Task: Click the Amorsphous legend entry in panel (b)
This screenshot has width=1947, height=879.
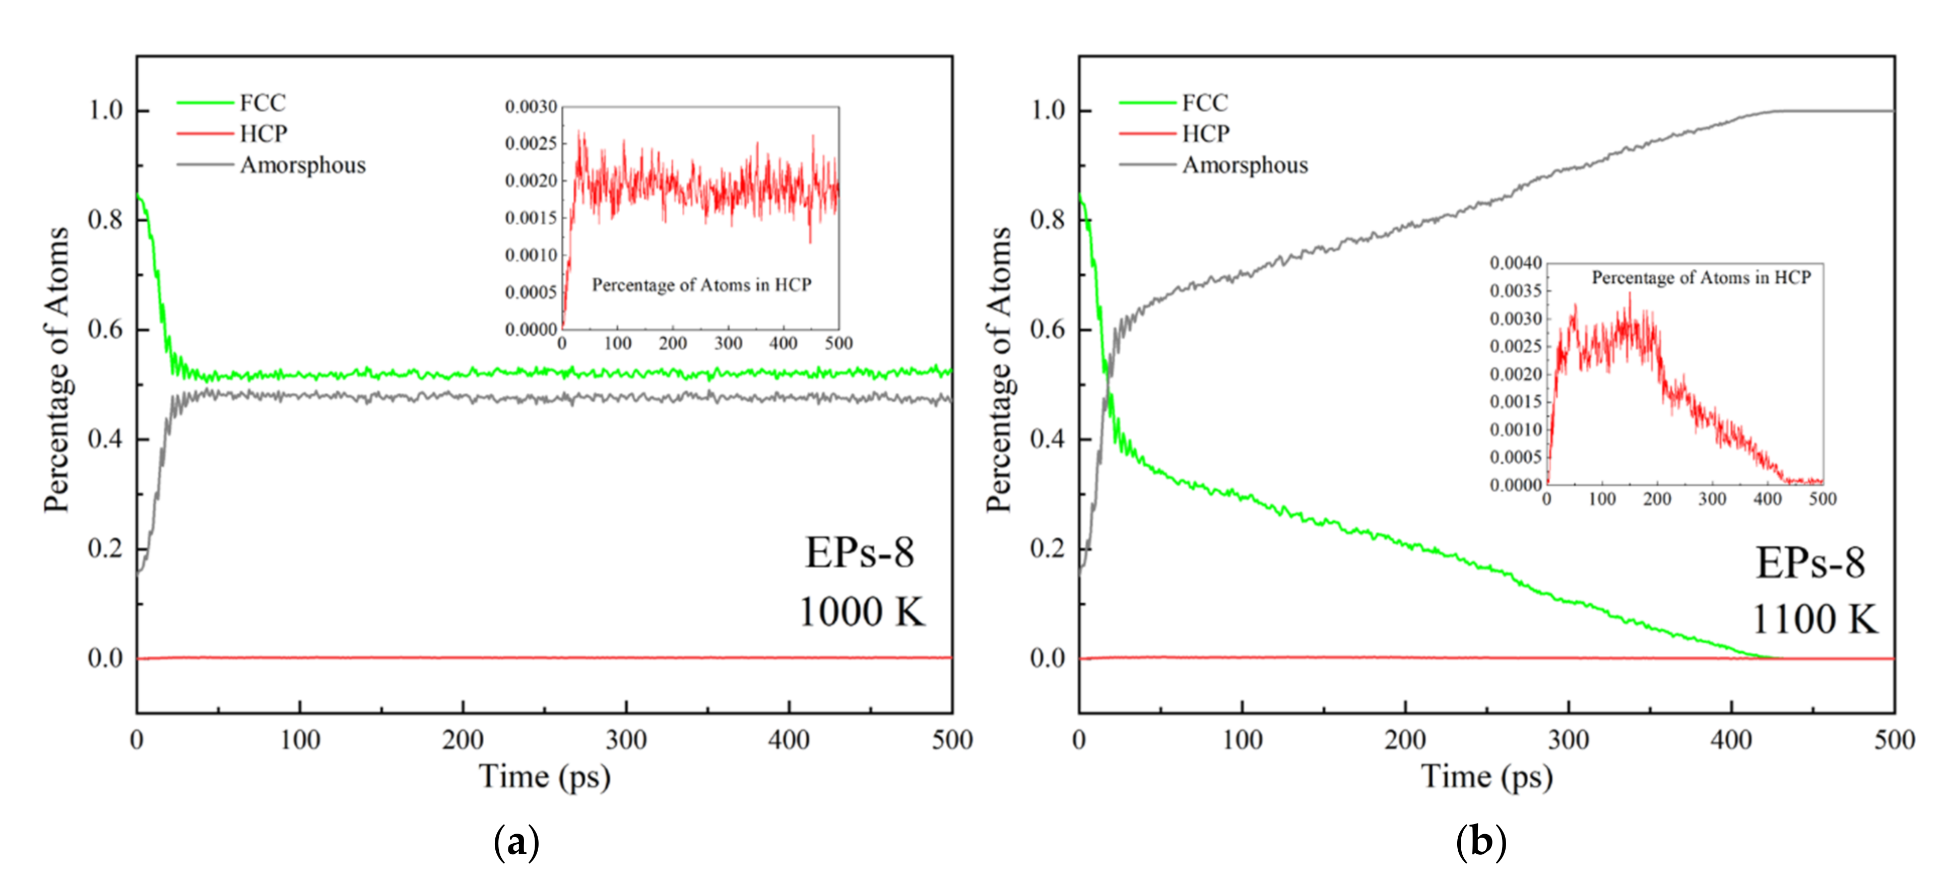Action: click(1244, 165)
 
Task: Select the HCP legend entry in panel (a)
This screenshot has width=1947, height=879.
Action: click(263, 134)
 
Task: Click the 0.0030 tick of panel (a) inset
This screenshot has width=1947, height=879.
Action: click(531, 106)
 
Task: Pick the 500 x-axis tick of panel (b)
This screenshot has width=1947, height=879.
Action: click(1894, 739)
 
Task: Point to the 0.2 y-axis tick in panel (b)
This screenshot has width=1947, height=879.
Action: click(1048, 548)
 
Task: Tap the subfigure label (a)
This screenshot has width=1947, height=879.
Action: click(516, 841)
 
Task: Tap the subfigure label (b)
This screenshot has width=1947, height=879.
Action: click(1480, 841)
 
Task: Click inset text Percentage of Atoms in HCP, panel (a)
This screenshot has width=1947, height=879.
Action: click(701, 285)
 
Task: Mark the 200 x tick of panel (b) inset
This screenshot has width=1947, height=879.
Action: click(1657, 499)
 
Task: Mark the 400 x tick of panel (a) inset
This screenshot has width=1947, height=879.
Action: click(783, 343)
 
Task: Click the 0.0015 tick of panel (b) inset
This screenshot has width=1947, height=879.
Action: click(1516, 401)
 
